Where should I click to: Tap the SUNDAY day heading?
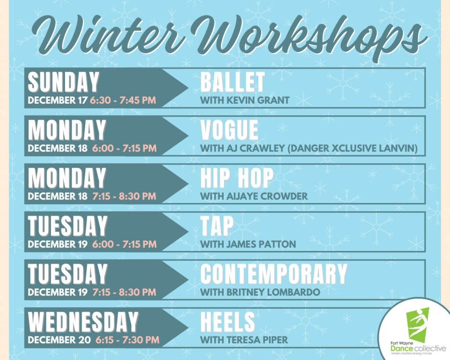[64, 82]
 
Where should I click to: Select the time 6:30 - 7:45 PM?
[123, 100]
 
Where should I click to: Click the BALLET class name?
[232, 82]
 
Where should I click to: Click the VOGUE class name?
[229, 130]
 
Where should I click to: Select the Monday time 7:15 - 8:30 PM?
[124, 196]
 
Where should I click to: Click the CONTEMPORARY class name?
[273, 274]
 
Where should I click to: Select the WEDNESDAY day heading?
[83, 322]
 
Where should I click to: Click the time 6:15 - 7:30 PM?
[126, 340]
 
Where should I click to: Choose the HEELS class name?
[228, 322]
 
